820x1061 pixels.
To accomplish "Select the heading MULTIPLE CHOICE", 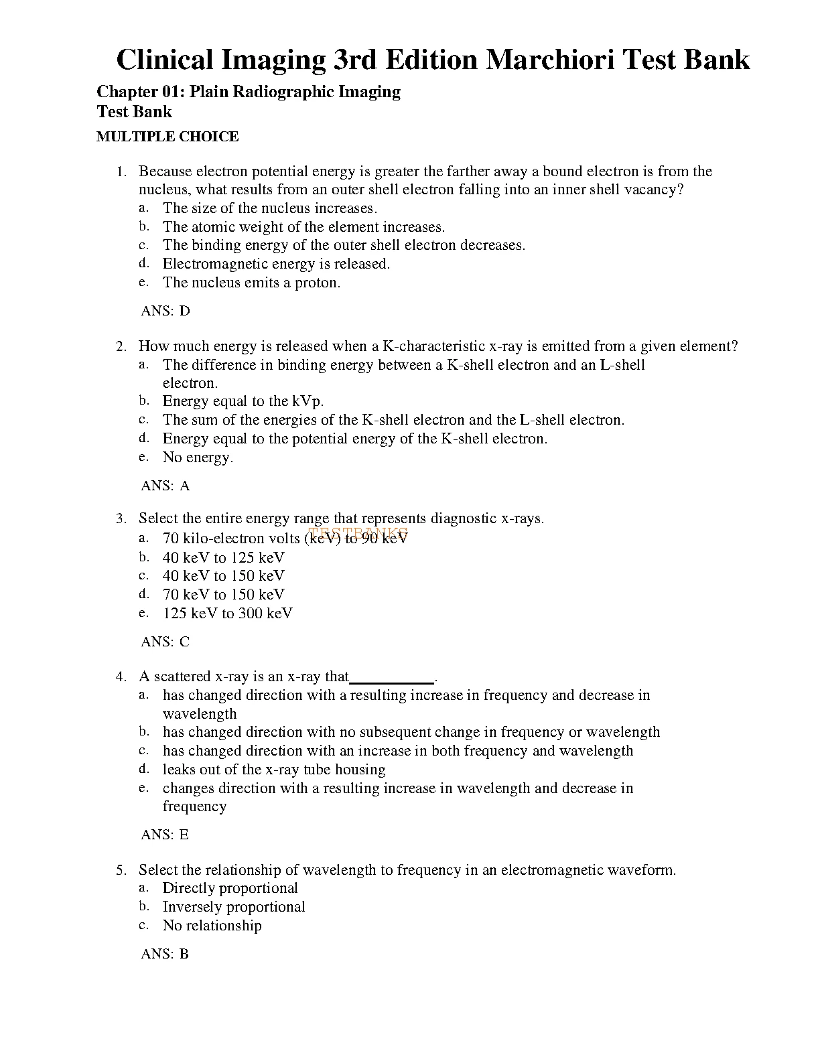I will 167,137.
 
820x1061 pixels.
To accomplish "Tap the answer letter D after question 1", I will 185,311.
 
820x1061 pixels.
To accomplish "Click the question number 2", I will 121,346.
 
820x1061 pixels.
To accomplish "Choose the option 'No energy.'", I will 198,457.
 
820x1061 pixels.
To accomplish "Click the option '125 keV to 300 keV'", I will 227,613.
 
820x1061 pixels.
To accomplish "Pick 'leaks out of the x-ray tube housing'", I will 274,770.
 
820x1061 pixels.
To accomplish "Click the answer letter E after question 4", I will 184,835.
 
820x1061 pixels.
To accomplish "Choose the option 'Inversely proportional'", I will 234,907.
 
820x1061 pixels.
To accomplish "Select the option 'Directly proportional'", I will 230,888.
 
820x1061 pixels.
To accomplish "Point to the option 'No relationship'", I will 212,926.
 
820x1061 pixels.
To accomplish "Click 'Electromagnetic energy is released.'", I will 276,264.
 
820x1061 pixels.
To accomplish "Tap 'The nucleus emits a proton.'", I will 251,283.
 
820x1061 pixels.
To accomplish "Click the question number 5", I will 121,870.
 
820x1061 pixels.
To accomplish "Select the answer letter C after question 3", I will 185,642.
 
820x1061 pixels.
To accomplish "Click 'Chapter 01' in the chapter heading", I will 137,92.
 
